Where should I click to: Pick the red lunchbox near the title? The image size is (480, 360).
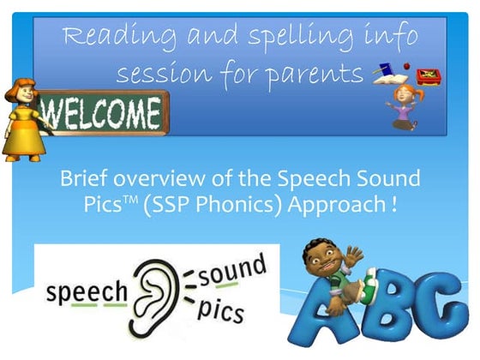pos(428,76)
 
